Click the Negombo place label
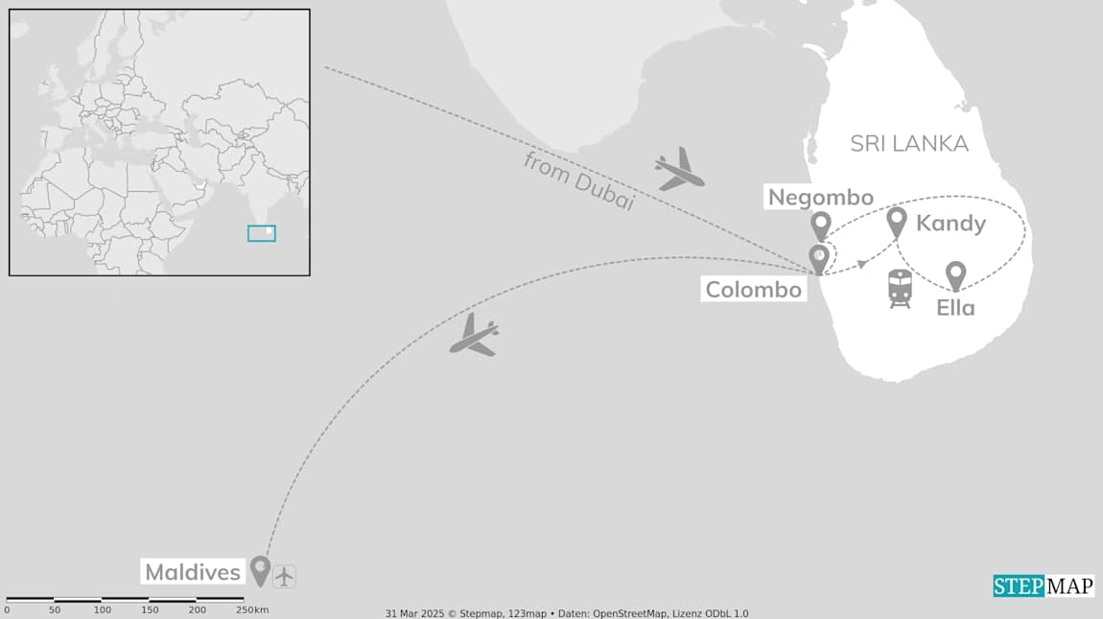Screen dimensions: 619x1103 (x=820, y=198)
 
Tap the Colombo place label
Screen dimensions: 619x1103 (x=753, y=289)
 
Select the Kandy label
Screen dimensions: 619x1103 (x=950, y=224)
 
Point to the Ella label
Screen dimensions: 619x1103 (x=955, y=308)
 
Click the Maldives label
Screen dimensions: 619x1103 (x=192, y=573)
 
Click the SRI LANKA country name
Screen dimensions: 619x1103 (x=909, y=144)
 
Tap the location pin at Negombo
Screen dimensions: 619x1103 (x=820, y=226)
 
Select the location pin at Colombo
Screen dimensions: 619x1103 (x=818, y=259)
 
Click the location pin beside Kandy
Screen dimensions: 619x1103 (x=897, y=222)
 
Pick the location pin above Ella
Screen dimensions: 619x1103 (x=955, y=275)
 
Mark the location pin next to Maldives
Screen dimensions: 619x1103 (x=260, y=570)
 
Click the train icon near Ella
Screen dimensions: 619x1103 (x=900, y=288)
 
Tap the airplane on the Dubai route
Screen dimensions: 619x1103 (x=679, y=170)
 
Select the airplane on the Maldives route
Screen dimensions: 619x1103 (x=475, y=336)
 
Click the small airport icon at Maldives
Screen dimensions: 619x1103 (x=285, y=576)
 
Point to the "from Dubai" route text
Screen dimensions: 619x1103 (x=579, y=181)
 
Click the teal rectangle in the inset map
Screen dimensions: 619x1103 (x=261, y=233)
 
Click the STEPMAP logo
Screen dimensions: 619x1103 (x=1043, y=585)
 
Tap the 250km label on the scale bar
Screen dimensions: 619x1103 (x=252, y=610)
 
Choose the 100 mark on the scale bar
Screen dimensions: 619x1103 (x=103, y=610)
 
